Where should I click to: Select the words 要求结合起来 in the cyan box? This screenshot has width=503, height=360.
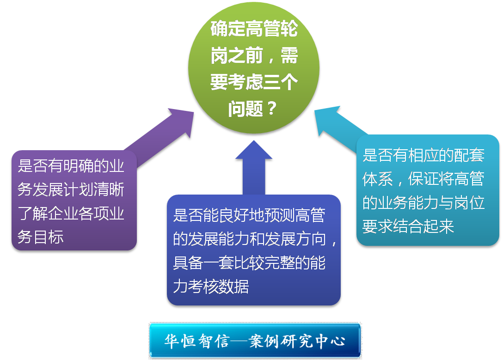click(x=408, y=226)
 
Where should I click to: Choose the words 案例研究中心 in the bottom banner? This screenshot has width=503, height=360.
click(x=296, y=341)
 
